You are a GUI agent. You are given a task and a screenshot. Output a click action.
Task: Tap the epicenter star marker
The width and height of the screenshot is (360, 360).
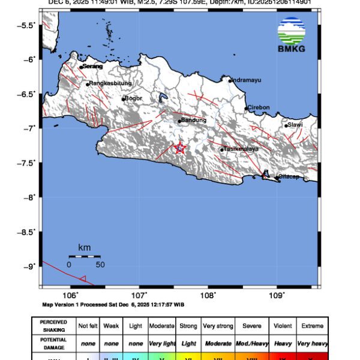click(x=180, y=148)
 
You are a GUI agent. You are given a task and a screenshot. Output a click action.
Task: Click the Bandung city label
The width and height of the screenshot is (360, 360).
click(x=194, y=120)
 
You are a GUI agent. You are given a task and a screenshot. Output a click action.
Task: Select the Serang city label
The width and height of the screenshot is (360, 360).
click(x=93, y=66)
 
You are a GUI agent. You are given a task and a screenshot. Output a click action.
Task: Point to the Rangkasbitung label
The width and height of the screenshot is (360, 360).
click(x=110, y=84)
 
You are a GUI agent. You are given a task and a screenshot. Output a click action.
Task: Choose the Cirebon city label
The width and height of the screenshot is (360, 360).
click(x=259, y=107)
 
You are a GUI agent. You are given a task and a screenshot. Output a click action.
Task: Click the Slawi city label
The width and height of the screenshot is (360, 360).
click(x=295, y=125)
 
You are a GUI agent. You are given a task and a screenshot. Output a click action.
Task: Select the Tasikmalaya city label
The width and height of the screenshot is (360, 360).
click(x=241, y=149)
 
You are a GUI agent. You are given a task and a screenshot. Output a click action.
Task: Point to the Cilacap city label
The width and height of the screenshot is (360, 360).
click(x=287, y=177)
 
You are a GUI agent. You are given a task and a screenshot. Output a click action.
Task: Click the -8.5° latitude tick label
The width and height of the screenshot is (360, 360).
click(x=26, y=232)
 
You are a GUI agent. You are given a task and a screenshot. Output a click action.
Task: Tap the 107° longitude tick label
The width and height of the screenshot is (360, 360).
click(x=139, y=295)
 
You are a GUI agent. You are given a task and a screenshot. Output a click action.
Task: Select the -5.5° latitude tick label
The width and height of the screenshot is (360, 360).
click(x=26, y=25)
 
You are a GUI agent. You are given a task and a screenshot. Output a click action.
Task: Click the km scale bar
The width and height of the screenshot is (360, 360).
click(x=84, y=256)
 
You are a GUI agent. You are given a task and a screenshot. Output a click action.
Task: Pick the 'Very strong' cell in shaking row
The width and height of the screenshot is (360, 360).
click(x=217, y=326)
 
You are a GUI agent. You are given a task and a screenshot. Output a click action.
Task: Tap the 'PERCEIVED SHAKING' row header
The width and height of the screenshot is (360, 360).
click(x=53, y=326)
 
